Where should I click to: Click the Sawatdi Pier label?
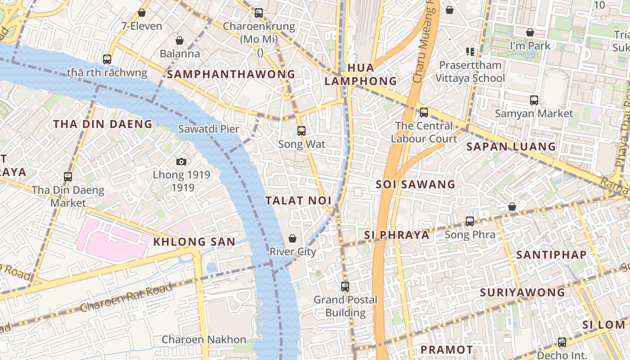pos(208,129)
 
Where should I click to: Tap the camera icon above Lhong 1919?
pos(181,162)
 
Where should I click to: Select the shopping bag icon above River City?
pos(292,238)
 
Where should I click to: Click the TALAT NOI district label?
pos(298,201)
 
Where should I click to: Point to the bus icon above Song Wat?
pos(301,131)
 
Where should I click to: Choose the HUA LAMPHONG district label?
pos(361,75)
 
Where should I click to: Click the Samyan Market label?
pos(534,114)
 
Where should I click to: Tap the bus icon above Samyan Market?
pos(534,100)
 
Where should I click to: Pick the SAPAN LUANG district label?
pos(511,146)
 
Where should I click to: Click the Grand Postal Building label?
pos(346,306)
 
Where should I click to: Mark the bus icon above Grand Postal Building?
pos(345,286)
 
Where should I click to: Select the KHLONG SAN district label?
pos(194,242)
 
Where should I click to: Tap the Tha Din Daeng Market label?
pos(68,197)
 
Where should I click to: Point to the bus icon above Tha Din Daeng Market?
pos(68,177)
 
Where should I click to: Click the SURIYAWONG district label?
pos(522,292)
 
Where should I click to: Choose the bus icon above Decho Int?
pos(562,342)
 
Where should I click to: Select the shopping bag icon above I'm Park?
pos(530,32)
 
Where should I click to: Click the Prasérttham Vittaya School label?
pos(470,72)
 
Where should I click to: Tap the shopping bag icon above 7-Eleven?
pos(142,13)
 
